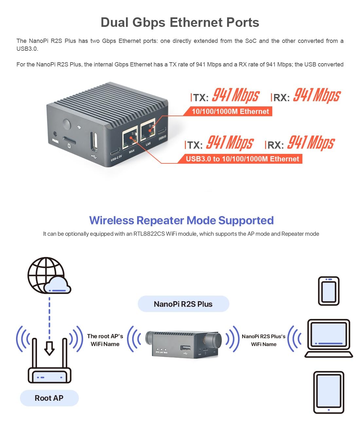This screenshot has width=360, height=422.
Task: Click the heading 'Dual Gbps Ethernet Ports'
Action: [x=180, y=23]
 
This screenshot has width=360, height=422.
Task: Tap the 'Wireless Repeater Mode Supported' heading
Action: [x=181, y=220]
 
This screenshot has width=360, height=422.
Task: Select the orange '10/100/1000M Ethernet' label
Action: [x=230, y=112]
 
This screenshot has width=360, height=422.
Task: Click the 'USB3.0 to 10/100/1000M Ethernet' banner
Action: [x=242, y=159]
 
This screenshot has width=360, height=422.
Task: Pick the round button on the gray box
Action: [x=66, y=125]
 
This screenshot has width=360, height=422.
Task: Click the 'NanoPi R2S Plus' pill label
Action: [x=183, y=304]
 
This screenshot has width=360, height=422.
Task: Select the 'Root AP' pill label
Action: [x=49, y=398]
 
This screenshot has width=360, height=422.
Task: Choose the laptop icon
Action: [x=329, y=338]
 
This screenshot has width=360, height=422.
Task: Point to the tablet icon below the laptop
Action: [x=329, y=392]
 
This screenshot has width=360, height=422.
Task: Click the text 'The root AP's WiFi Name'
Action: [x=105, y=340]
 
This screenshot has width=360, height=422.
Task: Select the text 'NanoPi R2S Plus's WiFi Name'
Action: [x=263, y=340]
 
